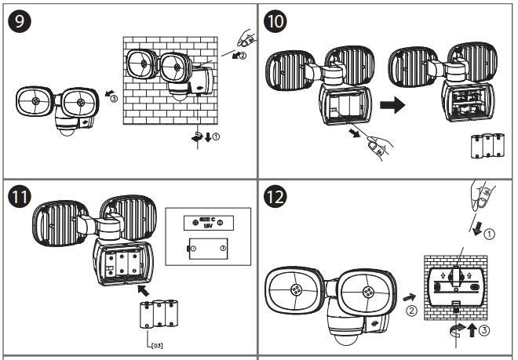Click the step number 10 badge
[275, 23]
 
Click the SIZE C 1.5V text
[206, 224]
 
